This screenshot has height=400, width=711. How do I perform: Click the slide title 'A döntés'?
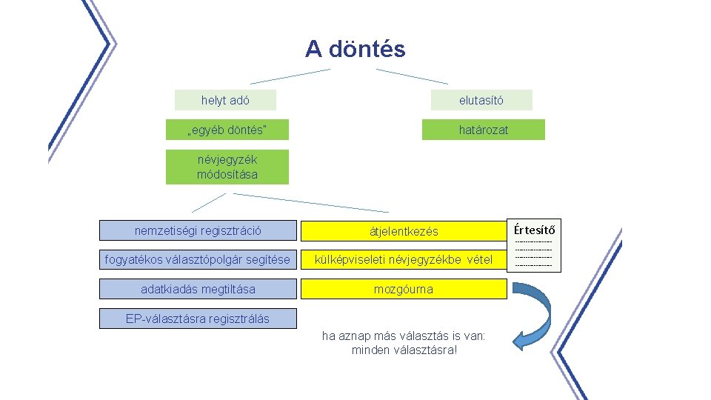click(355, 50)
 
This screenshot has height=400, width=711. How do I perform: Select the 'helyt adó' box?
click(225, 100)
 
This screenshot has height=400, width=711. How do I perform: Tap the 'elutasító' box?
click(481, 100)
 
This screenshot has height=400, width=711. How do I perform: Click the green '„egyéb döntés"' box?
click(227, 130)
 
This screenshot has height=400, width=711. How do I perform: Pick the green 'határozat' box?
click(483, 130)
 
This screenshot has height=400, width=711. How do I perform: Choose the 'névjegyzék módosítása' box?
click(227, 167)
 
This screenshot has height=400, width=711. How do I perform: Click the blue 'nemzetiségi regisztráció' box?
click(198, 230)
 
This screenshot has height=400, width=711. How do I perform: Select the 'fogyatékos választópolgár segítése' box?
click(198, 260)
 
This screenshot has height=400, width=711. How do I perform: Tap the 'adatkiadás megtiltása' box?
click(198, 289)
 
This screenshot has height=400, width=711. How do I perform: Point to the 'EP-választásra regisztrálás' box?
click(198, 319)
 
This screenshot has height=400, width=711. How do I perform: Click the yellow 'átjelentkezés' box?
click(404, 231)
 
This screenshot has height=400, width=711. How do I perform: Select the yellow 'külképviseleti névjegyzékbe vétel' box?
click(404, 260)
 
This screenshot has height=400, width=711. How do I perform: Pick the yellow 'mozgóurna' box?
click(404, 289)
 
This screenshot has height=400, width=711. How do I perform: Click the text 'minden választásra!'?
click(404, 350)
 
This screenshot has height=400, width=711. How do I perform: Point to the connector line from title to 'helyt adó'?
click(290, 76)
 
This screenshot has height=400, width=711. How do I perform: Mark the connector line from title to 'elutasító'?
click(412, 76)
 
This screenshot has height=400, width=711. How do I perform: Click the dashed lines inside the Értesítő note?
click(533, 253)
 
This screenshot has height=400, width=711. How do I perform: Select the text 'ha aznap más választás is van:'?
click(404, 336)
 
